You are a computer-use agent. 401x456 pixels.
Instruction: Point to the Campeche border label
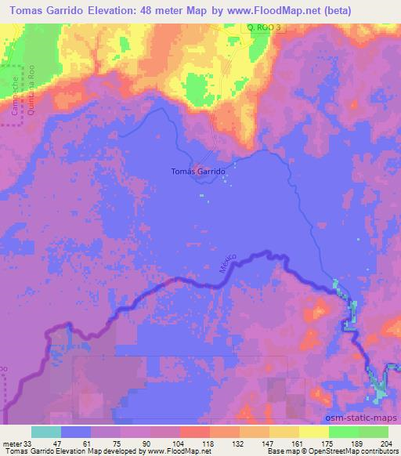[x=15, y=96]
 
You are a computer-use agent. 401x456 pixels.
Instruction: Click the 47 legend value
[x=62, y=443]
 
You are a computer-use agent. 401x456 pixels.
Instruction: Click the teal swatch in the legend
[x=46, y=432]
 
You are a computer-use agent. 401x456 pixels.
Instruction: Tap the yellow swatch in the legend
[x=313, y=432]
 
